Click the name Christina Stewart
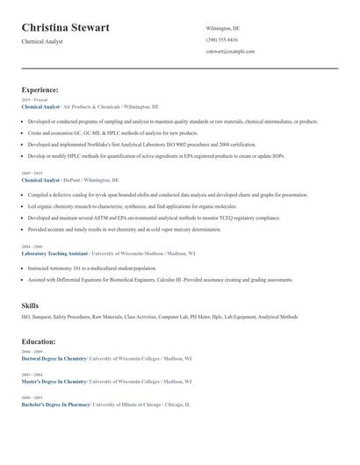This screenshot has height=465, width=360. pyautogui.click(x=66, y=28)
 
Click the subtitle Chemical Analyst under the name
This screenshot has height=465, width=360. pyautogui.click(x=41, y=42)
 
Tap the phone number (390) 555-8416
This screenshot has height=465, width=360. pyautogui.click(x=221, y=39)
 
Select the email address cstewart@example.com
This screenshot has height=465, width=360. pyautogui.click(x=230, y=51)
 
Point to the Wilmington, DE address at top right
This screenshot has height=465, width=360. pyautogui.click(x=222, y=28)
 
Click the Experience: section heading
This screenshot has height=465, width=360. pyautogui.click(x=40, y=89)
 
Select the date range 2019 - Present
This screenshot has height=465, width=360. pyautogui.click(x=33, y=100)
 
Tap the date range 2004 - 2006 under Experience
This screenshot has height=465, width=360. pyautogui.click(x=32, y=247)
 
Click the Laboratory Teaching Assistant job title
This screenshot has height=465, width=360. pyautogui.click(x=54, y=253)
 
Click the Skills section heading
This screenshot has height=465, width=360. pyautogui.click(x=30, y=304)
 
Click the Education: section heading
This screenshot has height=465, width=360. pyautogui.click(x=39, y=341)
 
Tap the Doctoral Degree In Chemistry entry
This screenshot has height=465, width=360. pyautogui.click(x=54, y=358)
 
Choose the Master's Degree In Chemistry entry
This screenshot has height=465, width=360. pyautogui.click(x=54, y=382)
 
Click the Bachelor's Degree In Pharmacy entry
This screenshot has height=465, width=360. pyautogui.click(x=54, y=404)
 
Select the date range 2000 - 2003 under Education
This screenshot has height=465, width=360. pyautogui.click(x=32, y=398)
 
